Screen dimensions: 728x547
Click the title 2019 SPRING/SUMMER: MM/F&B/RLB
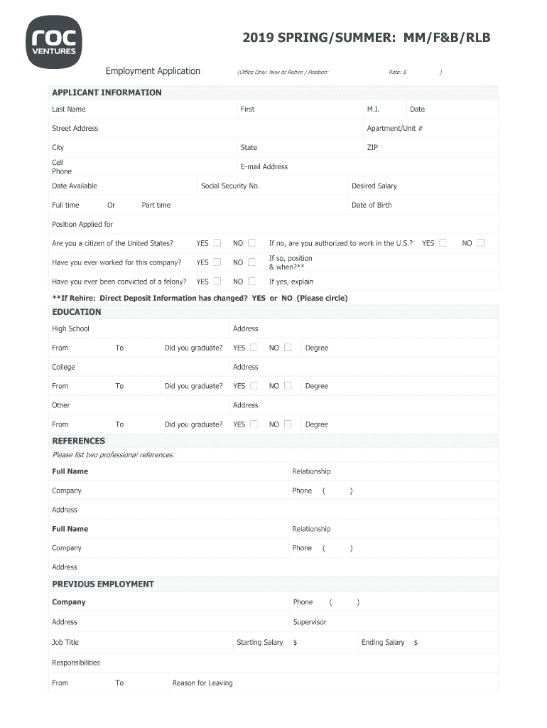[366, 38]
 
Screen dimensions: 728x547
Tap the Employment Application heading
[153, 71]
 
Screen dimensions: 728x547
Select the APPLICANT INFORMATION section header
[107, 92]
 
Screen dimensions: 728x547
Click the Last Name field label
[68, 109]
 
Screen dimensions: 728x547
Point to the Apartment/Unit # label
[394, 129]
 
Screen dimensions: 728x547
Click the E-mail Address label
[264, 167]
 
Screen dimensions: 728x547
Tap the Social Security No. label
[230, 186]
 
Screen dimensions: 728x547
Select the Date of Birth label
[372, 205]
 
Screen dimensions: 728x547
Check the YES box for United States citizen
[217, 243]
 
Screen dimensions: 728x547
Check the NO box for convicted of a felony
[251, 282]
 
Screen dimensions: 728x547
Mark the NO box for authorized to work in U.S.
[481, 243]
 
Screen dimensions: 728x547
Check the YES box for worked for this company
[217, 262]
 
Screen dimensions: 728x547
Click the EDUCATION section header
[77, 312]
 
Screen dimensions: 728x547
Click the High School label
[70, 329]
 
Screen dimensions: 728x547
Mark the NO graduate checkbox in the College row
[288, 386]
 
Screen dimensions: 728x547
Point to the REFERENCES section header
[78, 441]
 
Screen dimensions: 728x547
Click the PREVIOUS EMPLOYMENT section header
[103, 584]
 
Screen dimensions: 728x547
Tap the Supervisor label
[310, 622]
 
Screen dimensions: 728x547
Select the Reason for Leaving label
[202, 683]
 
